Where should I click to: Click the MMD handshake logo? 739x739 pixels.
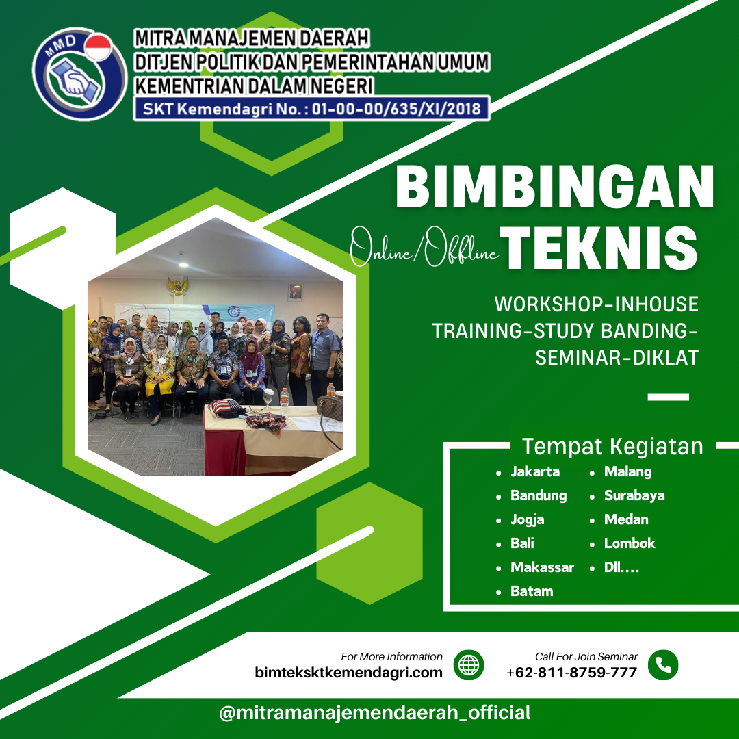click(x=79, y=73)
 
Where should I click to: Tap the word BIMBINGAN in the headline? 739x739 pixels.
click(x=554, y=187)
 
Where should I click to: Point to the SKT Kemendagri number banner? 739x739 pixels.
click(x=311, y=108)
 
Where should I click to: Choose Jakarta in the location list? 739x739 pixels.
click(x=535, y=471)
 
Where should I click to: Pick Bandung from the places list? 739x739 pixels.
click(x=539, y=495)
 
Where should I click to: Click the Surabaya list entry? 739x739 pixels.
click(x=634, y=495)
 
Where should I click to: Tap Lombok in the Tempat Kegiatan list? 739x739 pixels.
click(x=630, y=543)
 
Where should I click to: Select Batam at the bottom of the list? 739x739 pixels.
click(x=532, y=591)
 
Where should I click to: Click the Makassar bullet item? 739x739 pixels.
click(x=542, y=567)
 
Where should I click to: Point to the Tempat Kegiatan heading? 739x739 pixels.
click(x=612, y=447)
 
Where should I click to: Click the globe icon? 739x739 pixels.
click(x=469, y=664)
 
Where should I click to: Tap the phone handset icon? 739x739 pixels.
click(x=662, y=664)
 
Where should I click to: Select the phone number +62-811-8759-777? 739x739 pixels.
click(x=572, y=673)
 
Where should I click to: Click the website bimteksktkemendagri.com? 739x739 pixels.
click(x=349, y=673)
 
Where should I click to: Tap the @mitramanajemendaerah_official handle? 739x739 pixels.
click(x=375, y=713)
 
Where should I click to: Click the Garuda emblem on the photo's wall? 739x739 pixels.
click(x=178, y=285)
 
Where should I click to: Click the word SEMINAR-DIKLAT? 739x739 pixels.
click(x=617, y=357)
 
